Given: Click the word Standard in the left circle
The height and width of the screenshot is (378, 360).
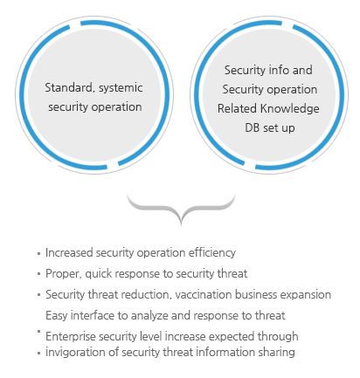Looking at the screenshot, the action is click(69, 87).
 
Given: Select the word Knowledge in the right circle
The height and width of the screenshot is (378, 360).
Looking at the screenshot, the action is click(289, 109).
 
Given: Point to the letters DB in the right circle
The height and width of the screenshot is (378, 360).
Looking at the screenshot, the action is click(252, 127).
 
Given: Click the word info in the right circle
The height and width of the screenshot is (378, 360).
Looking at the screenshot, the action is click(278, 70).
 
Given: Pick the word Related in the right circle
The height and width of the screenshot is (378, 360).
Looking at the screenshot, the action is click(237, 108).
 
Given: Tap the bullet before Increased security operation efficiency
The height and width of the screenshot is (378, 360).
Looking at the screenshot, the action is click(38, 254).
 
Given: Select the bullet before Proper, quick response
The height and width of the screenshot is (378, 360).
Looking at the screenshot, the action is click(38, 274).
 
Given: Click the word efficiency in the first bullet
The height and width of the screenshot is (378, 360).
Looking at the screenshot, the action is click(211, 253).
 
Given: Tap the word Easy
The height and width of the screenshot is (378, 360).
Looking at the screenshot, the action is click(57, 316).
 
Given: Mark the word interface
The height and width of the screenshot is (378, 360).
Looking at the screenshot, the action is click(93, 315).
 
